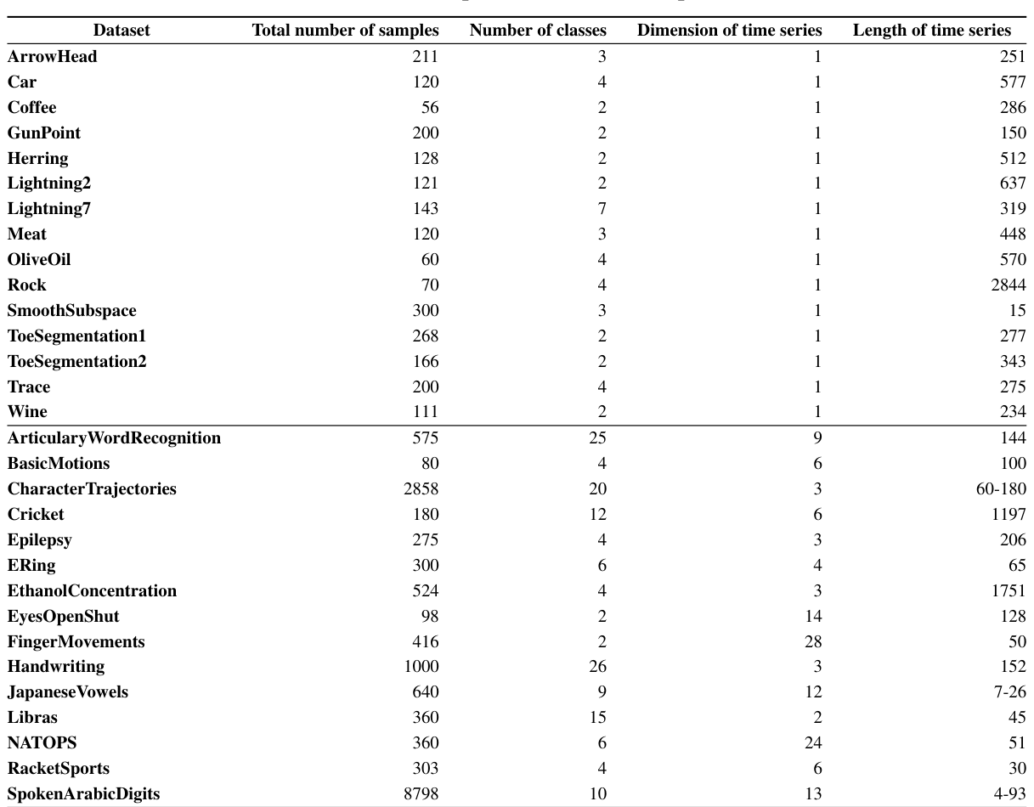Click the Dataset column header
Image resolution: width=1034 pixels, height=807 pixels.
click(121, 31)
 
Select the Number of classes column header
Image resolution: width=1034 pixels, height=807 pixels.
click(538, 31)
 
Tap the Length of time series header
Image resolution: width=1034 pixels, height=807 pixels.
click(931, 31)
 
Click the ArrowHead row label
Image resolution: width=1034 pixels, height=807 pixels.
click(52, 57)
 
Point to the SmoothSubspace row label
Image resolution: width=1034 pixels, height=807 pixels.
click(71, 311)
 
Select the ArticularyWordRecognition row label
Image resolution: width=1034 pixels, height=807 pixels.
click(114, 438)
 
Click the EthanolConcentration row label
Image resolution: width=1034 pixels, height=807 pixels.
click(92, 591)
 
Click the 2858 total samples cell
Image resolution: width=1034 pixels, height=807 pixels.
click(421, 489)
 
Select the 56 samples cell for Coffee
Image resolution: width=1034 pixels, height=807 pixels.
click(430, 108)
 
